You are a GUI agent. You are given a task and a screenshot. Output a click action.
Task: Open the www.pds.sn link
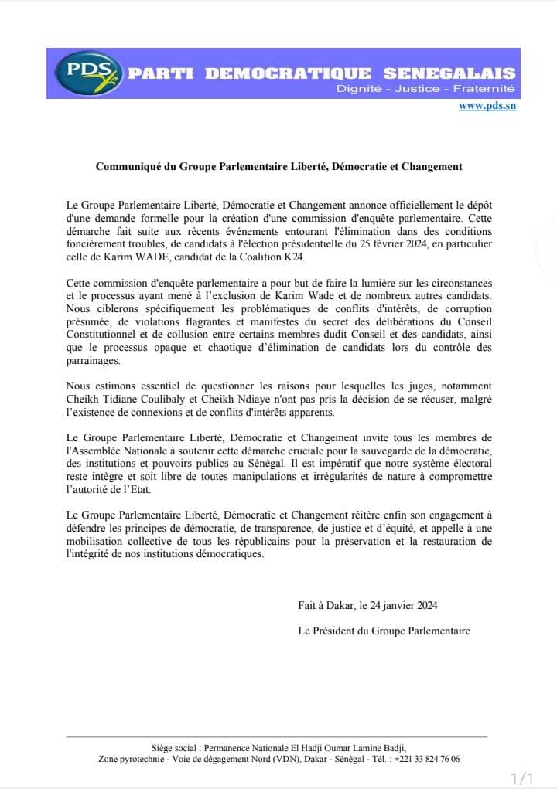tap(487, 106)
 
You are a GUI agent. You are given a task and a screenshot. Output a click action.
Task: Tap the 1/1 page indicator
tap(522, 775)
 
